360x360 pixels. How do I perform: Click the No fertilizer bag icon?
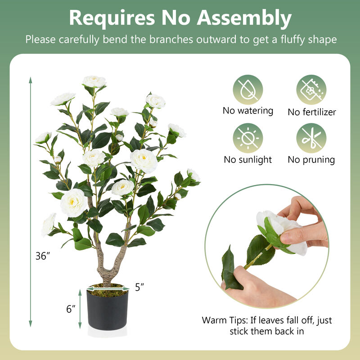pyautogui.click(x=311, y=90)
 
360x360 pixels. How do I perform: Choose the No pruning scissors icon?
pyautogui.click(x=311, y=138)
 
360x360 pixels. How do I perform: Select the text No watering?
pyautogui.click(x=248, y=111)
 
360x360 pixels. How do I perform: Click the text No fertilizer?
pyautogui.click(x=312, y=112)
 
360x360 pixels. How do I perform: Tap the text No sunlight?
pyautogui.click(x=248, y=159)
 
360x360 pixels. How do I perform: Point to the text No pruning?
pyautogui.click(x=311, y=159)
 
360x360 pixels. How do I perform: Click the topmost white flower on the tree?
pyautogui.click(x=94, y=81)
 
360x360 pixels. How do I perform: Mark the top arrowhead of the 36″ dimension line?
pyautogui.click(x=31, y=80)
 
